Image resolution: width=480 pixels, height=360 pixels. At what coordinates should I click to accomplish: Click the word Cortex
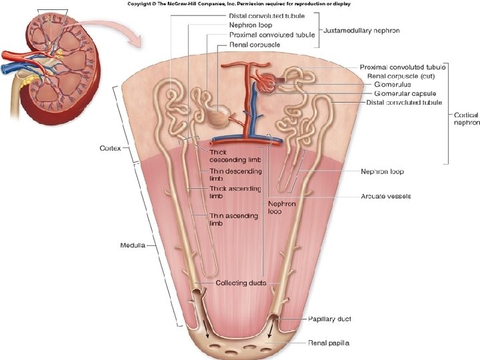109,148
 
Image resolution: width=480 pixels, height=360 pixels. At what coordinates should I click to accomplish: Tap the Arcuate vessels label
386,196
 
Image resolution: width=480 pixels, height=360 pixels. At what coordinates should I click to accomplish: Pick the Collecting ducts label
241,283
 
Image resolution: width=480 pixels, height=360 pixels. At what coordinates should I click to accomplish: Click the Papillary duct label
329,319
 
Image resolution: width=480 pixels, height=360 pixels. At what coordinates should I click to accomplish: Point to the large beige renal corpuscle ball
217,118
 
